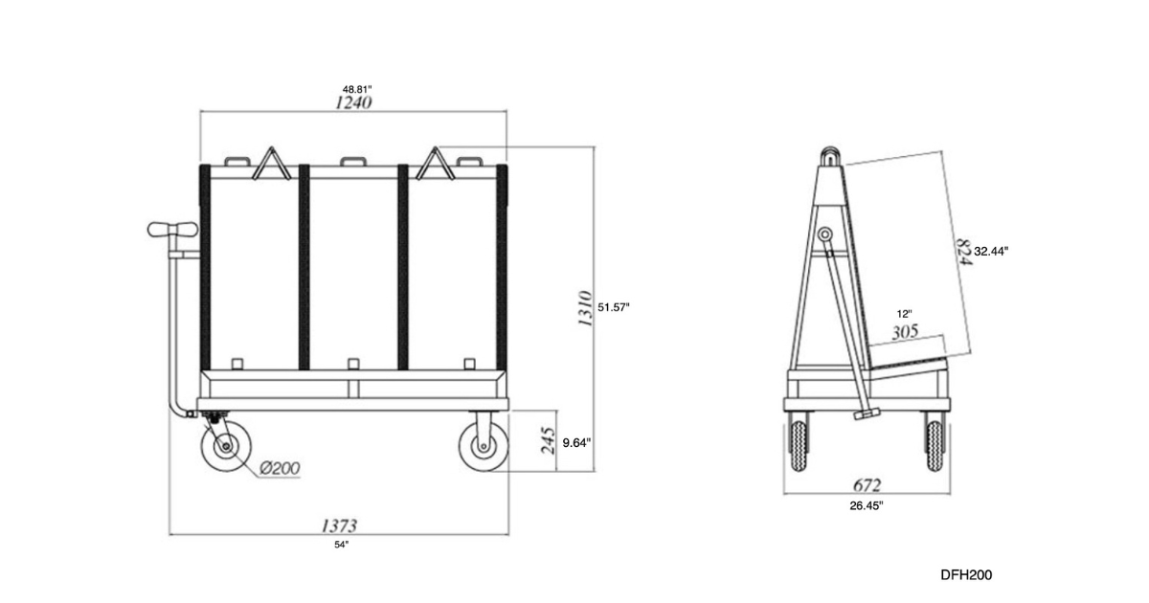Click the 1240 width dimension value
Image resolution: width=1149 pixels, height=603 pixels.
[x=353, y=102]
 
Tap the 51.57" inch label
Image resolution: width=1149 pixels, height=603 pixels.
[x=614, y=307]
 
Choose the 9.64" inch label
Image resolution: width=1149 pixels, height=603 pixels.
[x=576, y=442]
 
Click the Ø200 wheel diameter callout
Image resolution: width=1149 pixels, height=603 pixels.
[x=280, y=468]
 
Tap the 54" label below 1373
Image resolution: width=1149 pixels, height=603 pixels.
[x=342, y=544]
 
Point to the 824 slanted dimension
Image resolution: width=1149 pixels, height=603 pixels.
[x=961, y=250]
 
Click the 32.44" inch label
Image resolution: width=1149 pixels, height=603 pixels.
[x=991, y=250]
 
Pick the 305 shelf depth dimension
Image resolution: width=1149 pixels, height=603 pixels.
[x=905, y=331]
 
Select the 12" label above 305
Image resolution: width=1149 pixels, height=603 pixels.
[x=905, y=314]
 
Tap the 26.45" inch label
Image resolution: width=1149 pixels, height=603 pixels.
[x=867, y=504]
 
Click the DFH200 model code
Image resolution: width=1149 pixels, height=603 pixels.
[x=965, y=574]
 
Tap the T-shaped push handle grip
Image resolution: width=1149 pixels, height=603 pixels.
[x=172, y=230]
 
